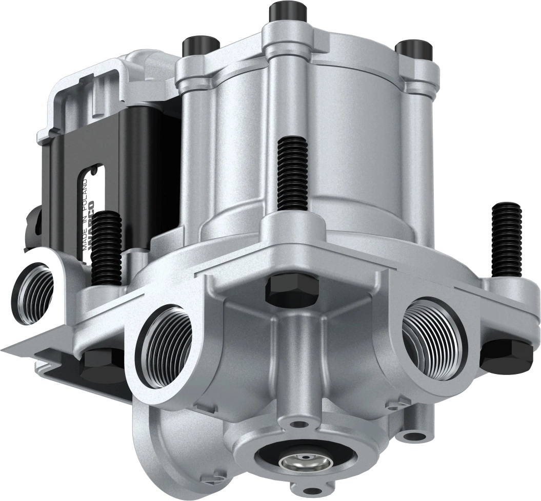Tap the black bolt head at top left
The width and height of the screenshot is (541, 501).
click(x=200, y=45)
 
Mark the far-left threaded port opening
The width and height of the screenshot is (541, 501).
click(x=35, y=293)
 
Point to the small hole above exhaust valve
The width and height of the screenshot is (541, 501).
click(x=298, y=424)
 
